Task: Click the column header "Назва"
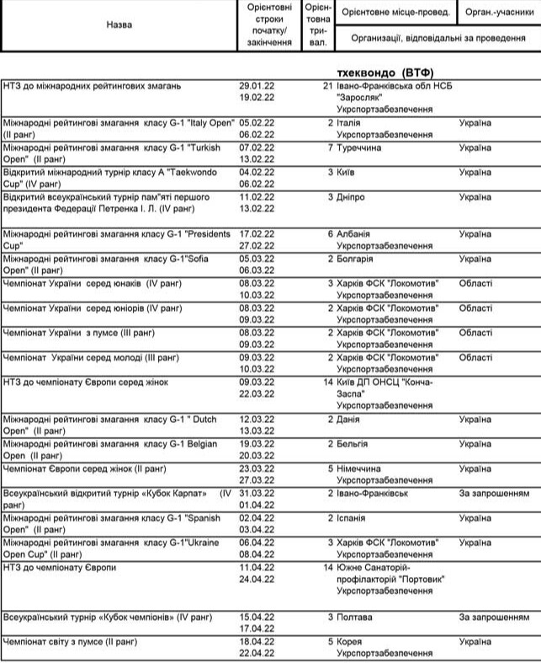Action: click(119, 24)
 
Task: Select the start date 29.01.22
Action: click(257, 87)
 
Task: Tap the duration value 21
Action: click(328, 87)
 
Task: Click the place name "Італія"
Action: click(350, 123)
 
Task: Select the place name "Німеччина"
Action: click(359, 468)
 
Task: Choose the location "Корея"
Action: click(352, 642)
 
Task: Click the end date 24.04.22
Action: click(257, 580)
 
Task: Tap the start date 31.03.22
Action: click(257, 492)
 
